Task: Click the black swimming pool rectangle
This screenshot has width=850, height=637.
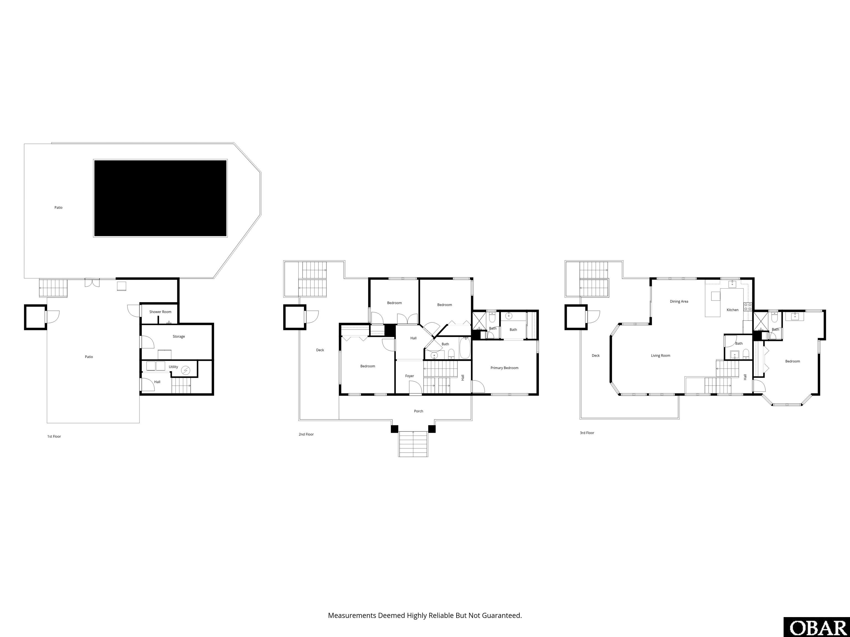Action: pos(160,198)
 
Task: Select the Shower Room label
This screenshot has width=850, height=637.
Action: pos(160,312)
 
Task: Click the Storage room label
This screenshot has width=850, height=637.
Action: pos(179,336)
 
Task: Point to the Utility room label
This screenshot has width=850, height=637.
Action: pos(173,367)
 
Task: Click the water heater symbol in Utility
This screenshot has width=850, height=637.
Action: pos(186,370)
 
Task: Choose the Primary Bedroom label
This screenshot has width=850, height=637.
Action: pos(504,368)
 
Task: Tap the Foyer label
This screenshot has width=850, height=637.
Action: pos(410,376)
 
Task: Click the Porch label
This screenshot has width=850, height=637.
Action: pos(418,411)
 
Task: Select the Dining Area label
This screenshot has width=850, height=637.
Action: pos(679,301)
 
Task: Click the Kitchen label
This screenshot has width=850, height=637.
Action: pos(732,310)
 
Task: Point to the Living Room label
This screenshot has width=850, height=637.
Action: pos(660,356)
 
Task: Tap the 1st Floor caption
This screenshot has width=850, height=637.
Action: pos(54,436)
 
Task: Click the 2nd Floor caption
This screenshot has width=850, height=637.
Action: pos(306,434)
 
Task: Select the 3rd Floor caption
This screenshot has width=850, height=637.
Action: pos(587,433)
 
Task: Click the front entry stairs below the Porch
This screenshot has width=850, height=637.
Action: pos(413,444)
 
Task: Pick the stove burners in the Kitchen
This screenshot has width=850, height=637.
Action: pos(748,306)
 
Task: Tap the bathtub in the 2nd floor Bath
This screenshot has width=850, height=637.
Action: pos(465,348)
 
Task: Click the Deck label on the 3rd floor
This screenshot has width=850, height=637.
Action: pos(596,356)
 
